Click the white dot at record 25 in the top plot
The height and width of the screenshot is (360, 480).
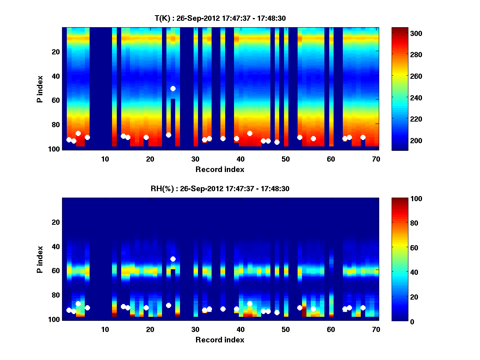click(x=173, y=88)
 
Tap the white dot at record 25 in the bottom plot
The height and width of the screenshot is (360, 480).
click(x=173, y=259)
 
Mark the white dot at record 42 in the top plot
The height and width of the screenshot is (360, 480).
click(x=250, y=133)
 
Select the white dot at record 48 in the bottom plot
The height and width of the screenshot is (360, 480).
click(x=277, y=312)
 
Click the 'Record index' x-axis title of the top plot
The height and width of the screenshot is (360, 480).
click(x=220, y=169)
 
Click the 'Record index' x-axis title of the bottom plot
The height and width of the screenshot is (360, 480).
click(x=220, y=340)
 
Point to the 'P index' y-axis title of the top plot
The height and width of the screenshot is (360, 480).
click(x=40, y=89)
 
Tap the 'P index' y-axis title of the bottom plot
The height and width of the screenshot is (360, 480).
click(x=40, y=259)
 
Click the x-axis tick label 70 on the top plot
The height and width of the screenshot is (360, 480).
click(x=376, y=159)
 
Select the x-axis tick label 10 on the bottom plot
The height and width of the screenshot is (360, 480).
click(x=105, y=329)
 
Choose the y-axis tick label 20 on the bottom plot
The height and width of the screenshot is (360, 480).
click(x=56, y=222)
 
